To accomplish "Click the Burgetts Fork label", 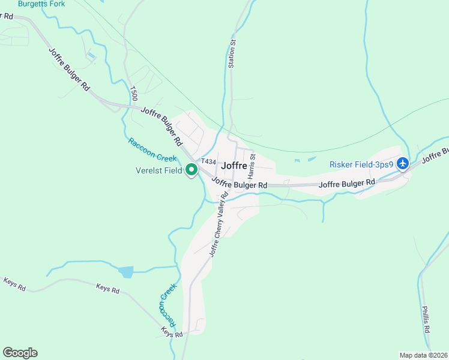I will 41,4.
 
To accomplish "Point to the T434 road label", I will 208,161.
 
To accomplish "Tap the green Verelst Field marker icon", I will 191,170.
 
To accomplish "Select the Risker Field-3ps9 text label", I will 361,164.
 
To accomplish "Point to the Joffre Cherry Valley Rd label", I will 219,224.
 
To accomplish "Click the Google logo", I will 20,353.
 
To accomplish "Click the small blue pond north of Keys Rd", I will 125,272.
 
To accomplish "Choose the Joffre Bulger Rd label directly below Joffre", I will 240,185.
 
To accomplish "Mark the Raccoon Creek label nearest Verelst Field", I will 152,149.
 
